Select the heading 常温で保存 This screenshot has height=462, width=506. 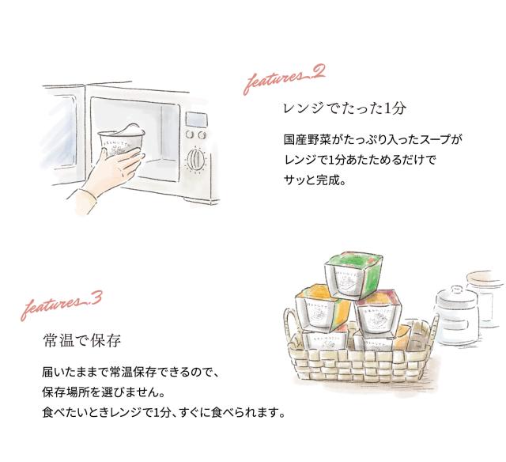(x=81, y=342)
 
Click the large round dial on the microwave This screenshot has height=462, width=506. (x=194, y=161)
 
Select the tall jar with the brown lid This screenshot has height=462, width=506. (x=484, y=301)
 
